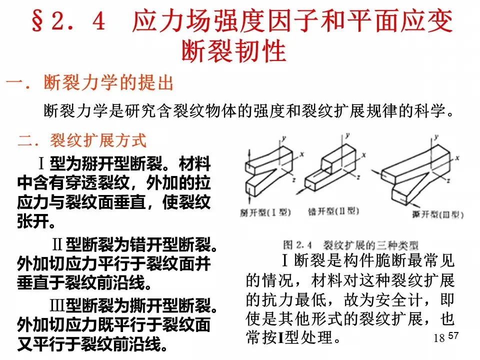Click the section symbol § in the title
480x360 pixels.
pyautogui.click(x=37, y=21)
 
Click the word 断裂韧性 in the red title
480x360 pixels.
pyautogui.click(x=234, y=51)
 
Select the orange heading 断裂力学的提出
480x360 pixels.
pyautogui.click(x=108, y=82)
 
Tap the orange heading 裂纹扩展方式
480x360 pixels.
pyautogui.click(x=98, y=140)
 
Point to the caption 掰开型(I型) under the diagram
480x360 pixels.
pyautogui.click(x=265, y=212)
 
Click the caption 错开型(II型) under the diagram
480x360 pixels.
pyautogui.click(x=333, y=211)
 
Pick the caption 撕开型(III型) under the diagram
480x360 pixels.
pyautogui.click(x=437, y=214)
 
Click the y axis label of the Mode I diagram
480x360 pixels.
pyautogui.click(x=284, y=138)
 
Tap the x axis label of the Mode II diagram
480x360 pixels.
pyautogui.click(x=364, y=155)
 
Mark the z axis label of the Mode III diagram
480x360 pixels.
pyautogui.click(x=449, y=180)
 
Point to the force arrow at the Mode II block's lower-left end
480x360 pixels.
pyautogui.click(x=301, y=190)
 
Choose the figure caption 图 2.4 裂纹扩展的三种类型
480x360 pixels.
pyautogui.click(x=350, y=245)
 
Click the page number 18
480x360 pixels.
pyautogui.click(x=439, y=338)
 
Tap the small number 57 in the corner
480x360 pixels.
pyautogui.click(x=453, y=336)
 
